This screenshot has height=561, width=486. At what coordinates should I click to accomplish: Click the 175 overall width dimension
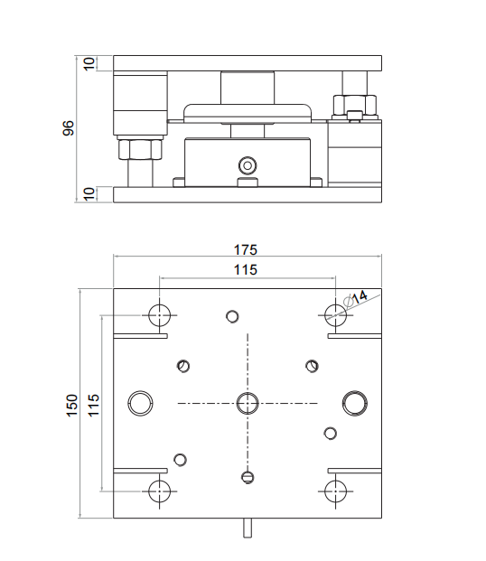246,249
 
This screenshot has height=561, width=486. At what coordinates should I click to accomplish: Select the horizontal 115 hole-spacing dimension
246,269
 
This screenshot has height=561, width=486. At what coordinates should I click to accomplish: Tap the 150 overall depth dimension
71,405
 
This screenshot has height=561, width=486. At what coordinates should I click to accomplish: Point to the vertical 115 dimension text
93,405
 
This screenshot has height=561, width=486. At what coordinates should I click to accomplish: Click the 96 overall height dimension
68,127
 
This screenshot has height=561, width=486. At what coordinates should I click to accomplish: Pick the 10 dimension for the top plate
89,64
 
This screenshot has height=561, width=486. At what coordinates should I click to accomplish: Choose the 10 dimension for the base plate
89,193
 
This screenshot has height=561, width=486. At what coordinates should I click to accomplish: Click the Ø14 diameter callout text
357,297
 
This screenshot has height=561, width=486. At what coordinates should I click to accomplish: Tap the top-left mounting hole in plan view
160,314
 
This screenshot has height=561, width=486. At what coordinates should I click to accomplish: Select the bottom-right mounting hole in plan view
335,491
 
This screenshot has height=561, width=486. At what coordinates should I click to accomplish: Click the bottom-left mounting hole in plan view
160,491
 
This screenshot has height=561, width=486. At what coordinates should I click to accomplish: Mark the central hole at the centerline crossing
247,403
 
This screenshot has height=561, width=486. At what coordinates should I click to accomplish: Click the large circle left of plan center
141,403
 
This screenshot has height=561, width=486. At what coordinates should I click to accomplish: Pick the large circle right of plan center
354,403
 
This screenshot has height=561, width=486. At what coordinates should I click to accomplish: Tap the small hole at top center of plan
232,316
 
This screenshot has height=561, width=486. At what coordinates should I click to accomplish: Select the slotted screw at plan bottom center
247,476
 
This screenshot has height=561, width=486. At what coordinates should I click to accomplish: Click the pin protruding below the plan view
247,527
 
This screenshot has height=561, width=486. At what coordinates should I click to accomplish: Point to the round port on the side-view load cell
246,165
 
